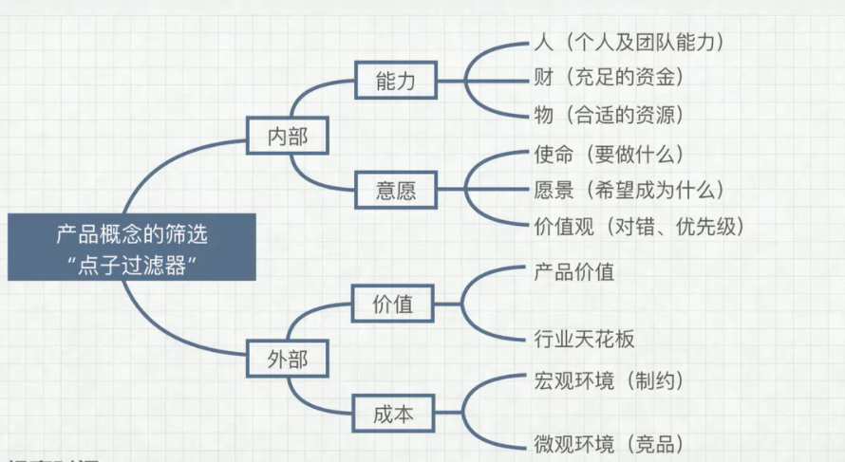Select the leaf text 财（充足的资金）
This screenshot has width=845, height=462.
tap(609, 78)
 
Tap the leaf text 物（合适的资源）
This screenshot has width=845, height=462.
tap(609, 116)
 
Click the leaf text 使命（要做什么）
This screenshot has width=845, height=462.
tap(609, 153)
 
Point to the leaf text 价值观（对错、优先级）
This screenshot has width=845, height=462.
tap(639, 227)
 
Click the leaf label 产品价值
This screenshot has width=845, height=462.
tap(574, 272)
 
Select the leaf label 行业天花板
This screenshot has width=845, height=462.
tap(584, 339)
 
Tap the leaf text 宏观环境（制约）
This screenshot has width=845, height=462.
tap(609, 380)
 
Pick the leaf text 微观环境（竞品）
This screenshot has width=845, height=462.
tap(609, 443)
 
